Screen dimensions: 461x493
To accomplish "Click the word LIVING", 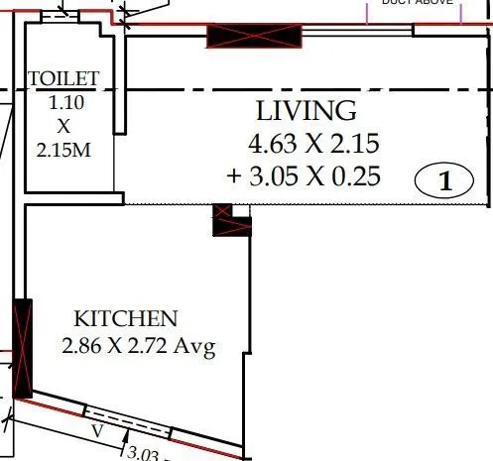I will point(306,110).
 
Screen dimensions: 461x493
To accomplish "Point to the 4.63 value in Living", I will point(271,144).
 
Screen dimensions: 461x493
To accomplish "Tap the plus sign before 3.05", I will point(233,177).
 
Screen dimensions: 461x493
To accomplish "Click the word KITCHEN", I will point(126,319).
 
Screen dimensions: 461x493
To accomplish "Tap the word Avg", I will point(195,347).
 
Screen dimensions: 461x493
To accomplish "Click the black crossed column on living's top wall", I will point(253,37).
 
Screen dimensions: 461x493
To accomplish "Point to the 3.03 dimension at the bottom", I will point(146,454).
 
